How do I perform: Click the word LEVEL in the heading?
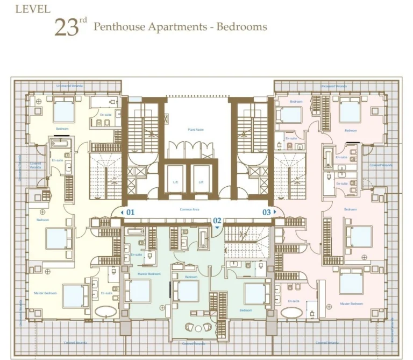coord(33,9)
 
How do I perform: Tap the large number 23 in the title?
coord(67,27)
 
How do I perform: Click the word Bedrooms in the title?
coord(241,27)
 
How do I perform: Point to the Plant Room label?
coord(195,130)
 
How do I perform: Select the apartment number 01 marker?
coord(130,213)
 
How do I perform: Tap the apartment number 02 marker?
coord(217,221)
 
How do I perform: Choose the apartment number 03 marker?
coord(267,213)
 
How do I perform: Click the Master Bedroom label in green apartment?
coord(149,274)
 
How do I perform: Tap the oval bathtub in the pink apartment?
coord(291,313)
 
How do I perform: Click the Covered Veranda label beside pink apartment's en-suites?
coord(380,165)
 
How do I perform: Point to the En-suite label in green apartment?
coord(136,255)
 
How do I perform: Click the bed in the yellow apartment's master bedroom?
coord(75,295)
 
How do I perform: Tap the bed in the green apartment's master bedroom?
coord(138,291)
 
